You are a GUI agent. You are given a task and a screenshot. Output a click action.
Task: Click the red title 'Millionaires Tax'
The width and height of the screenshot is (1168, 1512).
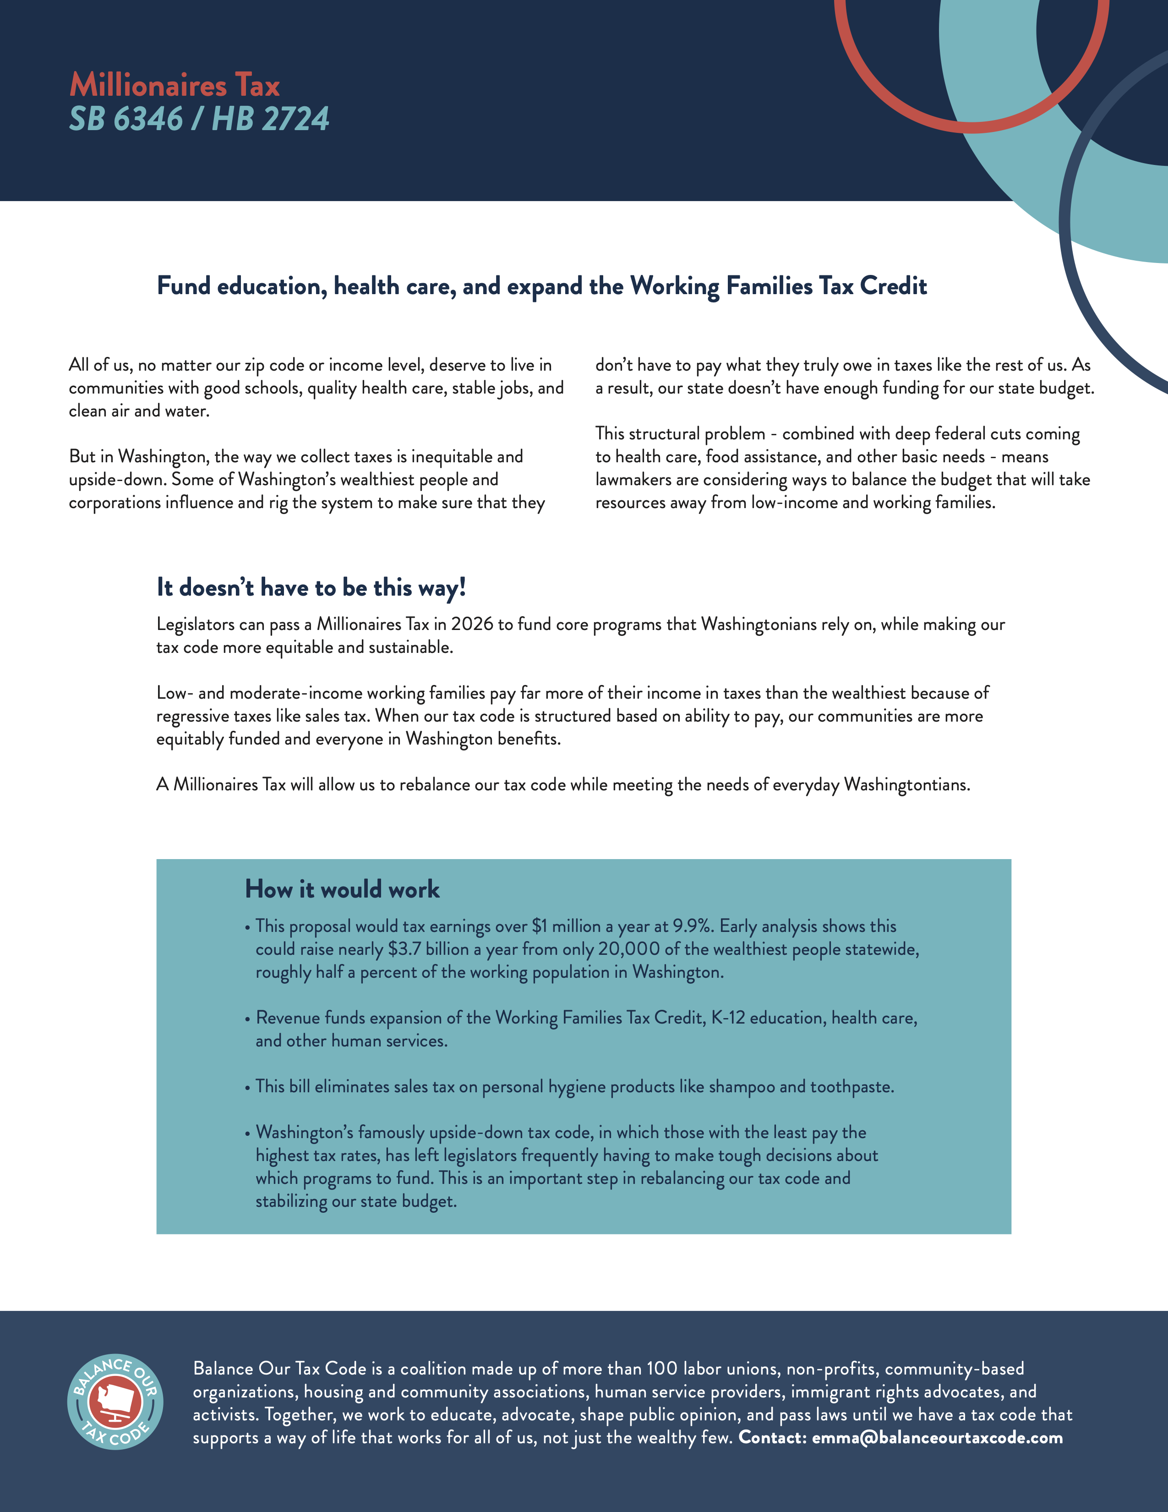pyautogui.click(x=175, y=86)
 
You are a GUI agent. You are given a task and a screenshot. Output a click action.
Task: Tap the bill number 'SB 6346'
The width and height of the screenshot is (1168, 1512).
pyautogui.click(x=125, y=119)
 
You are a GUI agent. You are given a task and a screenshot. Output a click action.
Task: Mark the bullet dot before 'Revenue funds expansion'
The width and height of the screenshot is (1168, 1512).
pyautogui.click(x=247, y=1019)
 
